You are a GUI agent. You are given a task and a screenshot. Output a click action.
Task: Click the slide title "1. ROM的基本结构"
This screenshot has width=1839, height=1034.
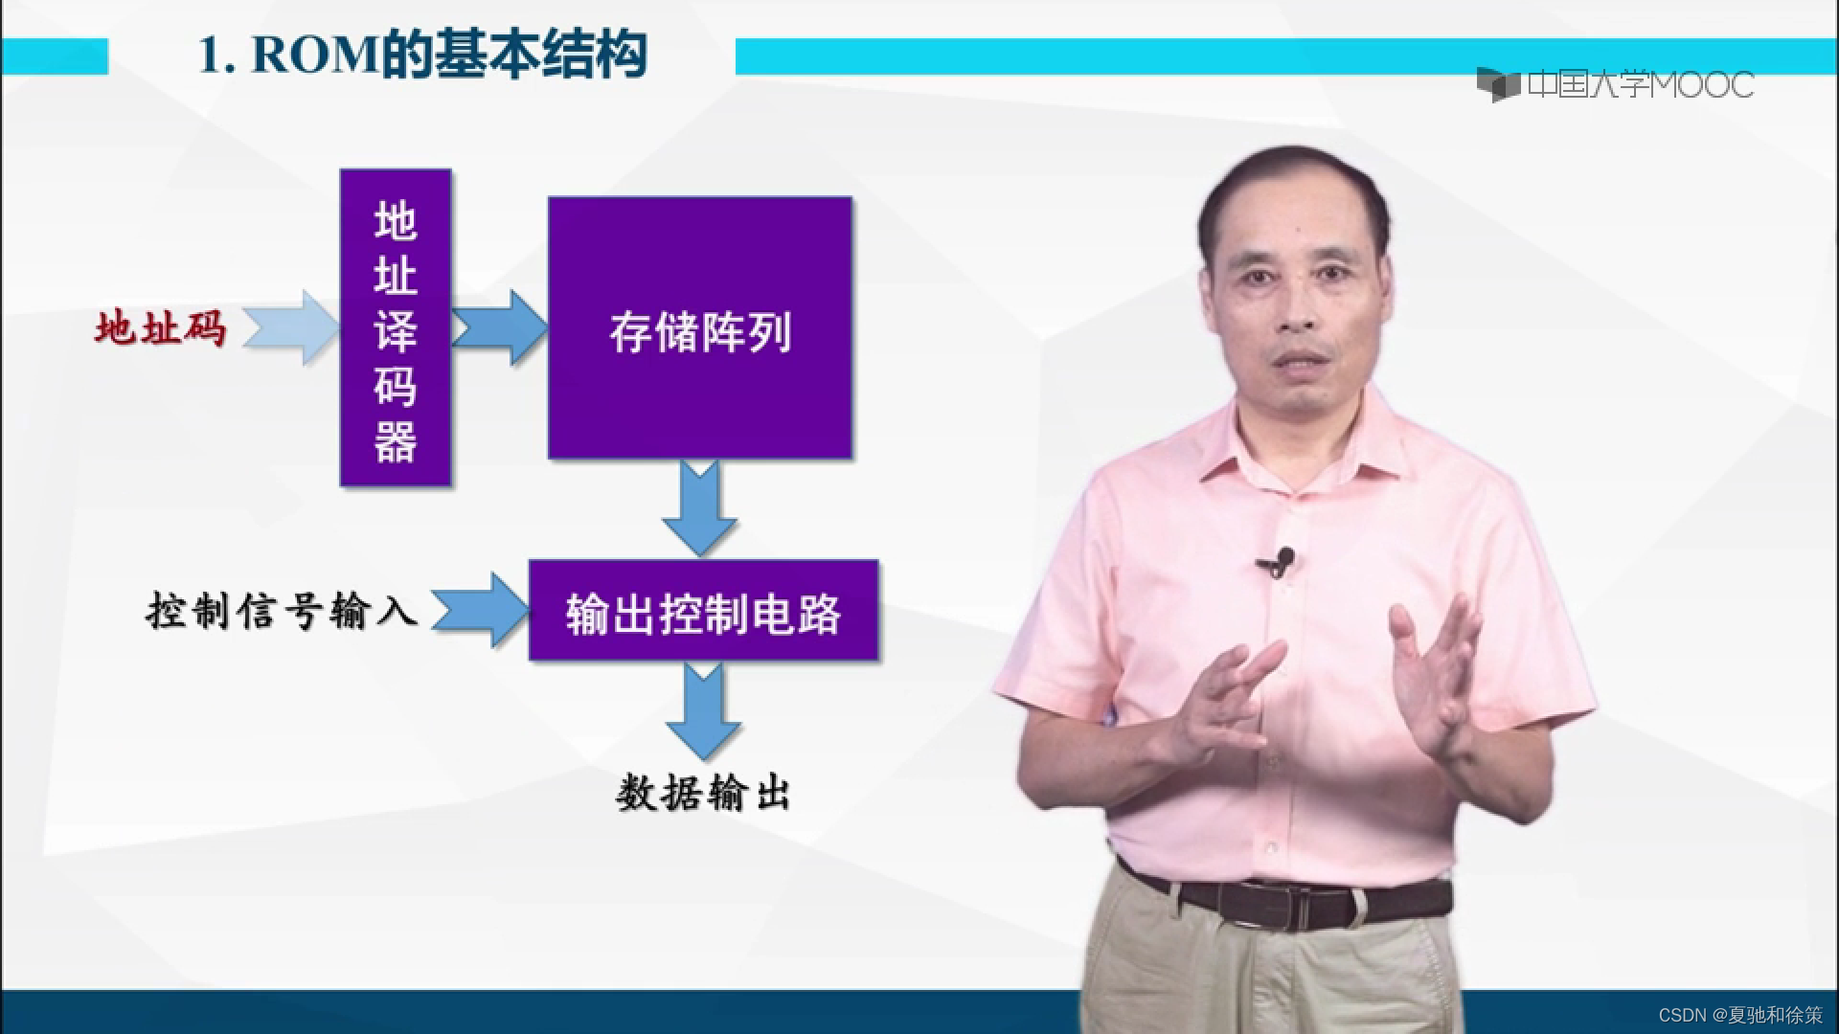point(421,56)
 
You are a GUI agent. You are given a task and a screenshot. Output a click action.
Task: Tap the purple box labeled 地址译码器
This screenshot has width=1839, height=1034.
point(396,327)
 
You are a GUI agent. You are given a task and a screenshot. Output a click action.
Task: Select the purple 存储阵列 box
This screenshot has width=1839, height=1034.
point(699,327)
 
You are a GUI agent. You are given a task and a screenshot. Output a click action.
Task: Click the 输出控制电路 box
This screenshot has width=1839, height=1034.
point(703,611)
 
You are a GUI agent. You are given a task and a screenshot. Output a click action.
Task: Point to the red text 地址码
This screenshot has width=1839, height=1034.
point(160,328)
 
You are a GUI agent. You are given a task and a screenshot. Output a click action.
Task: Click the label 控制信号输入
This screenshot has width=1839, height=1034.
point(282,610)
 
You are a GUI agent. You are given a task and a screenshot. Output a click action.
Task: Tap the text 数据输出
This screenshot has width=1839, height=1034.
point(702,793)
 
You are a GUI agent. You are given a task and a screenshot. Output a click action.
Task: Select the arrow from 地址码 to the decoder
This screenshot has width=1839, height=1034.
point(292,327)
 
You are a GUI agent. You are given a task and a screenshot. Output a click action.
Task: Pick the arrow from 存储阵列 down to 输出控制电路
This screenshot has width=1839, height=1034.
point(700,507)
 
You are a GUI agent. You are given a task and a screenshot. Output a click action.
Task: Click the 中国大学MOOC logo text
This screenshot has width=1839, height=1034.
point(1640,85)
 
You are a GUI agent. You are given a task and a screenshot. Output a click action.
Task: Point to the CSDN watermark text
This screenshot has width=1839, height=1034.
point(1739,1015)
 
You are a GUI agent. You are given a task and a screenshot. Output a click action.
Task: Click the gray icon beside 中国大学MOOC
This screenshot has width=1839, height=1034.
point(1498,85)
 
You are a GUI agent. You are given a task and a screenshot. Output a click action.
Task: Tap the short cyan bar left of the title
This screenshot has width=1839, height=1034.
point(54,56)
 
